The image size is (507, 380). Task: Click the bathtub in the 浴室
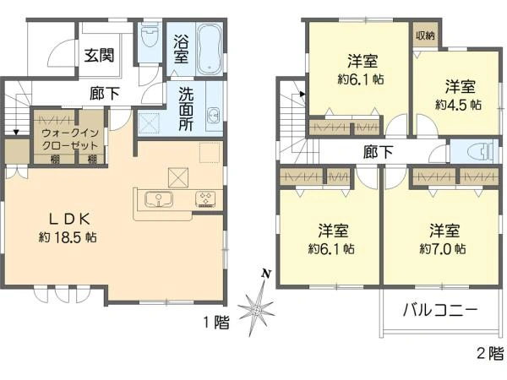(210, 49)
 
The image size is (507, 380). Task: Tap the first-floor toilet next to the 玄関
(150, 36)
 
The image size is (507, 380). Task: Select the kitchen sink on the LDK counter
(159, 199)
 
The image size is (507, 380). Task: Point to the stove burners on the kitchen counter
(205, 199)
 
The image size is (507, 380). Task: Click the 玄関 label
(99, 55)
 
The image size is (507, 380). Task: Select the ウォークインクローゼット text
(70, 139)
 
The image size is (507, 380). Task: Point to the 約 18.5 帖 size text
(68, 237)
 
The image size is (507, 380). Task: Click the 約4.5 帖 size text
(459, 105)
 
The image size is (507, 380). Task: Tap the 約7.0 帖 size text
(443, 248)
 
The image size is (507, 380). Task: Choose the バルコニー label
(440, 310)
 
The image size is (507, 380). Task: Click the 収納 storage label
(425, 35)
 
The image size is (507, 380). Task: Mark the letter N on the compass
(266, 274)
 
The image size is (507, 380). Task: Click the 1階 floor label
(216, 323)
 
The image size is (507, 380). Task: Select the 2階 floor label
(490, 353)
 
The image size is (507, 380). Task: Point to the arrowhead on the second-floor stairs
(303, 94)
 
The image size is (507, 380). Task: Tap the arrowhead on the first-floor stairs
(16, 132)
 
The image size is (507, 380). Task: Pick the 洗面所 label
(186, 109)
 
